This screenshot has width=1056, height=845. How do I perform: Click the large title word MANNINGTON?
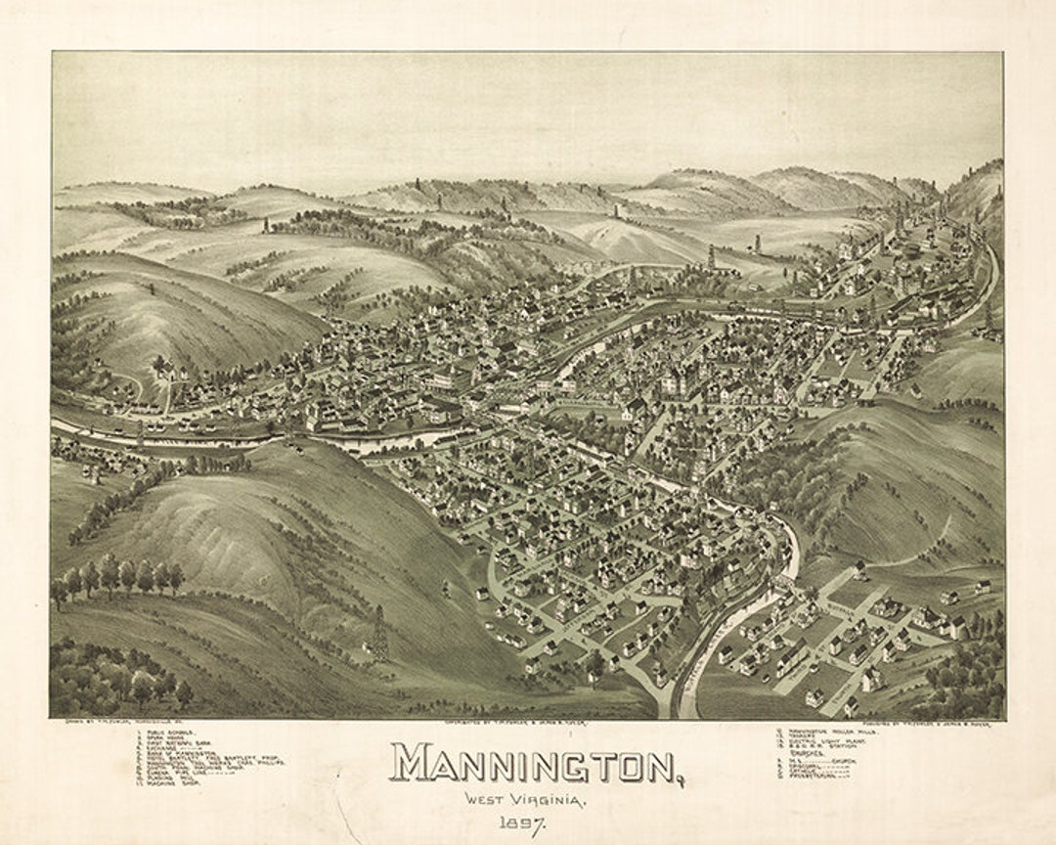click(534, 763)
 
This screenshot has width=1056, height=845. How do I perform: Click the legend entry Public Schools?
click(172, 732)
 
